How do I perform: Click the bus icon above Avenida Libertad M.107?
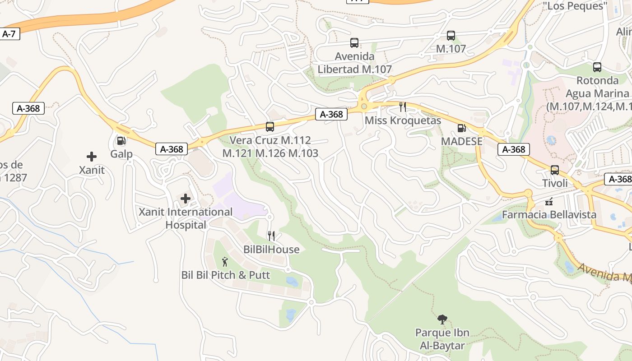pos(354,43)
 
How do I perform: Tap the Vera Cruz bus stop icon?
pos(270,127)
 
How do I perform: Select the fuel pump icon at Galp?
pos(121,141)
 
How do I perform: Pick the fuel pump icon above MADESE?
pos(461,128)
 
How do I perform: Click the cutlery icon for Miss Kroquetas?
pos(403,107)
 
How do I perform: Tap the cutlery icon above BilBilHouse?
pos(271,236)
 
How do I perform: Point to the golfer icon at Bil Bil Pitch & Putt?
pos(225,261)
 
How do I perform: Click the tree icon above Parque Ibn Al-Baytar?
pos(442,319)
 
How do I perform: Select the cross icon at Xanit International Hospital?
pos(186,198)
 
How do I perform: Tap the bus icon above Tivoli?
pos(555,170)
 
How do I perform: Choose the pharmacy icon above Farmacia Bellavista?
pos(549,201)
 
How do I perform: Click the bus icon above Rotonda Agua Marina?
pos(597,67)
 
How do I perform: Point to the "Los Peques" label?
pos(575,6)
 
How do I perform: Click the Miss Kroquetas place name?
pos(403,120)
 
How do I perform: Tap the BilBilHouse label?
pos(271,250)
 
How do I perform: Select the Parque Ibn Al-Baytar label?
pos(442,339)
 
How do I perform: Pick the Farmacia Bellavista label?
pos(549,214)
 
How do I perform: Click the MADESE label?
pos(461,141)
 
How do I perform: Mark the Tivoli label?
pos(555,183)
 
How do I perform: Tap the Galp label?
pos(121,154)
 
